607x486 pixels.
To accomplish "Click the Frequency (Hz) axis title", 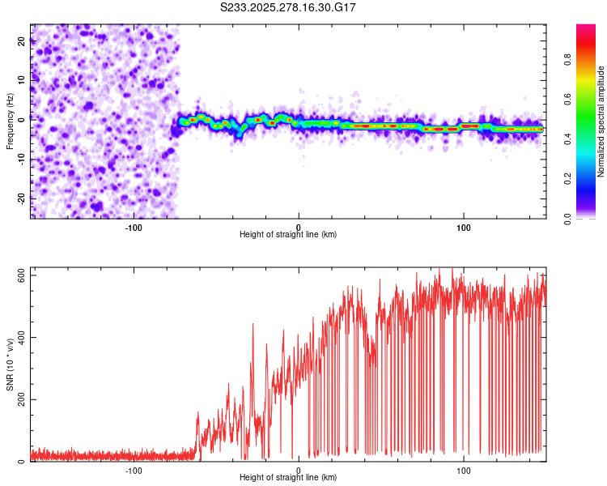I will (10, 121).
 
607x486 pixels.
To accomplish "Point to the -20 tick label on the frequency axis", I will (22, 198).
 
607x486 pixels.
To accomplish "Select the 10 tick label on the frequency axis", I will (22, 80).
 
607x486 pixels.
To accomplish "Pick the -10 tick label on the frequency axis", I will (22, 160).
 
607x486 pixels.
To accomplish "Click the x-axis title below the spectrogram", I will (288, 235).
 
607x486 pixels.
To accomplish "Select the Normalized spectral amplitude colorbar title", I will (601, 122).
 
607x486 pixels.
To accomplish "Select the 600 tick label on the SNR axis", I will (22, 275).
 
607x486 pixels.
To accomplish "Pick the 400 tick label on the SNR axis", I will (22, 338).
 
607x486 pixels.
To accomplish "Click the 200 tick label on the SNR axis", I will (22, 400).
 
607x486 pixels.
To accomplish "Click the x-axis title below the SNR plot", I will (288, 479).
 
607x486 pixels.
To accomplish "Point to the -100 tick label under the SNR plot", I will (134, 470).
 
